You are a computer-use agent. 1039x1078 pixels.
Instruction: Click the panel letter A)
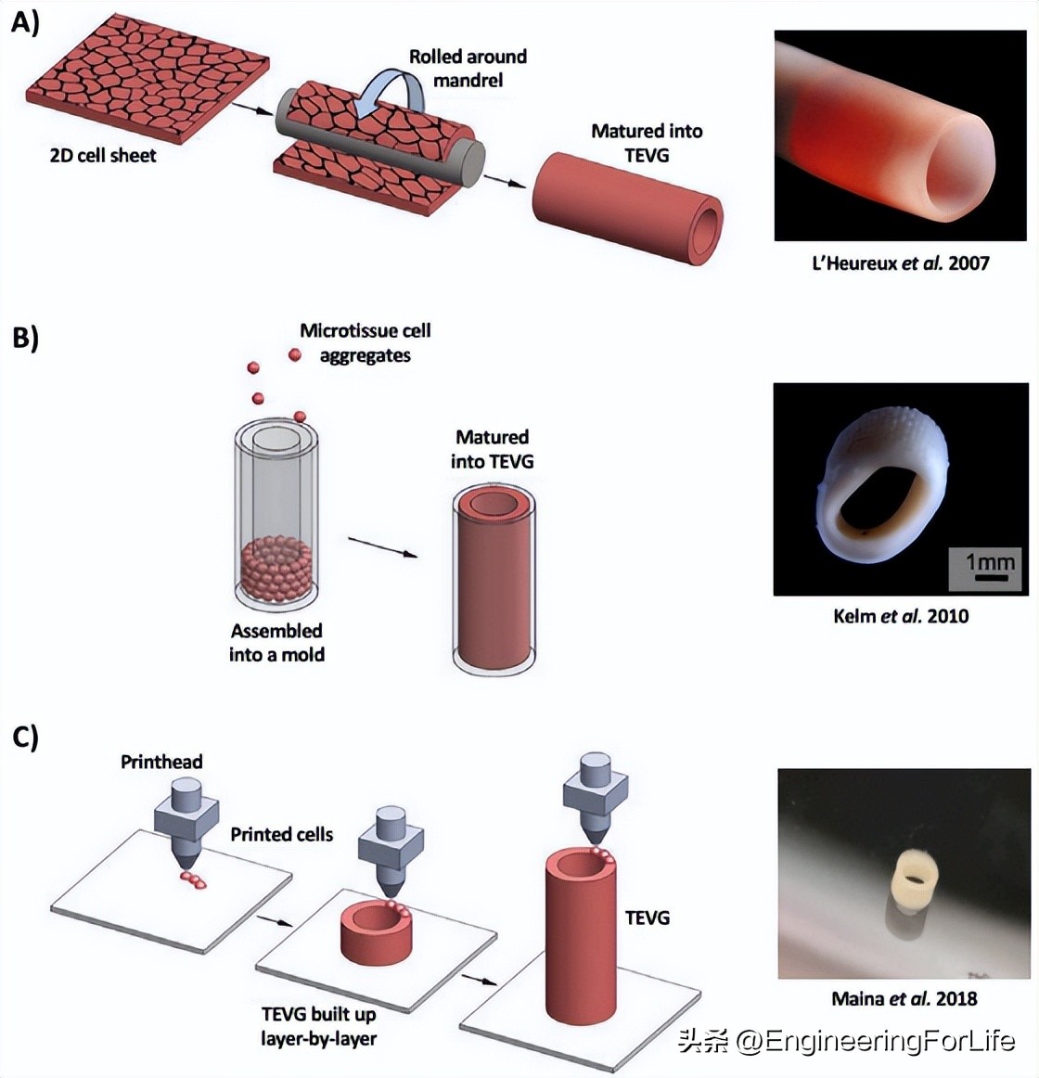point(25,22)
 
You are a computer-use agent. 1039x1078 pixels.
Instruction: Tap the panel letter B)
point(26,338)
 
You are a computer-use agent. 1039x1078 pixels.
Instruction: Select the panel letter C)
point(26,738)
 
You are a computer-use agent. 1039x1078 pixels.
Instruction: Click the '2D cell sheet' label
point(103,156)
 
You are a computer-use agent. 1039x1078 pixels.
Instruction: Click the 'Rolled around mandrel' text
point(468,69)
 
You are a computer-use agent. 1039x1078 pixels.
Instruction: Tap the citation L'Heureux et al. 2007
point(900,263)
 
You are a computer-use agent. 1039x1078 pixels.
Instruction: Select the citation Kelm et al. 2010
point(900,616)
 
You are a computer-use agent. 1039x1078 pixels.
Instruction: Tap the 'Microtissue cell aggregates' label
point(365,343)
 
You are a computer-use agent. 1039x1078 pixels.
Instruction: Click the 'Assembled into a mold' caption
point(276,643)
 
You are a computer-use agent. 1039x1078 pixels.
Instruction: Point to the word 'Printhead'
point(161,763)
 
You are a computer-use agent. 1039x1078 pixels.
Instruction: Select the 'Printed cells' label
point(281,835)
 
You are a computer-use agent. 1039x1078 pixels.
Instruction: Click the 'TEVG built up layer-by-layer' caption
point(318,1026)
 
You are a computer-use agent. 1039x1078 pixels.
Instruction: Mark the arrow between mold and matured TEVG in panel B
point(382,546)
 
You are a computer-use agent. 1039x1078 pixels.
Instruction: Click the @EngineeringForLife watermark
point(846,1041)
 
